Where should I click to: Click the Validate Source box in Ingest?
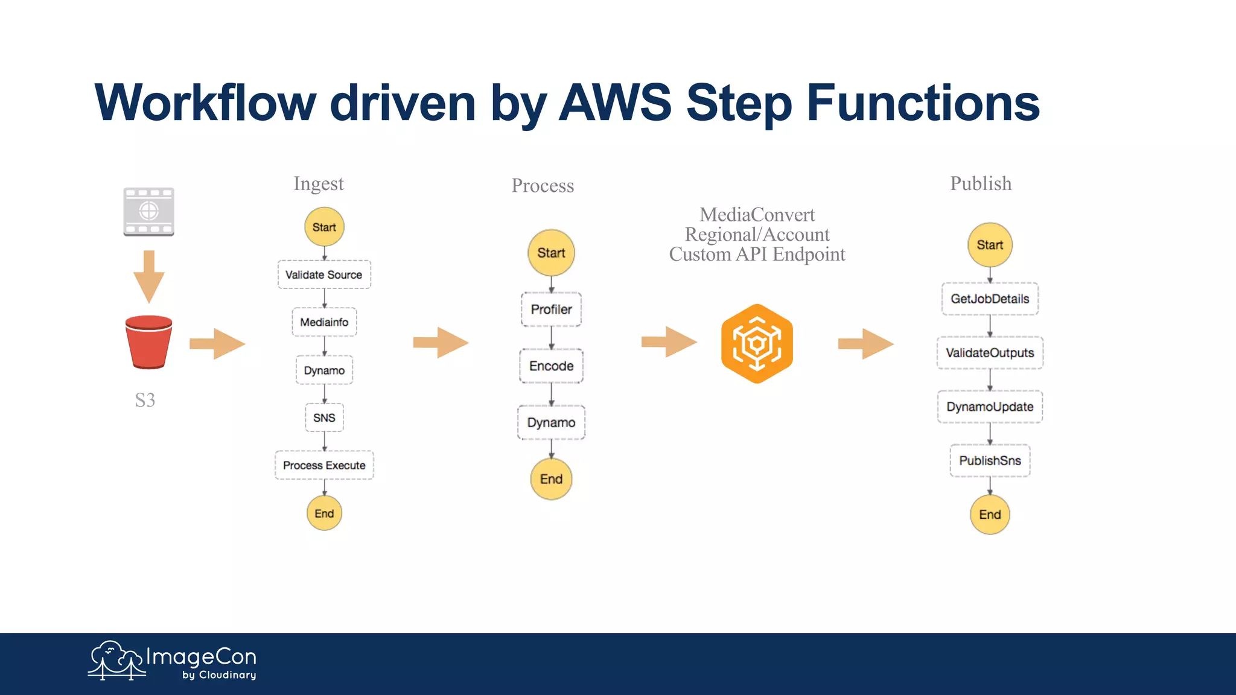pyautogui.click(x=324, y=275)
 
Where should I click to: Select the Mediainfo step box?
pyautogui.click(x=324, y=322)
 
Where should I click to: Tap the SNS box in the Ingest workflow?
pyautogui.click(x=324, y=417)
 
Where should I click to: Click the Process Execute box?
pyautogui.click(x=324, y=465)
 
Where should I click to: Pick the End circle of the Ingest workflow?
pyautogui.click(x=324, y=513)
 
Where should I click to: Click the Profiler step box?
pyautogui.click(x=551, y=309)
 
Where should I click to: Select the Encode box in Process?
pyautogui.click(x=551, y=366)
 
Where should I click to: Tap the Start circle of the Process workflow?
pyautogui.click(x=551, y=253)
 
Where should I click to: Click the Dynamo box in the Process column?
pyautogui.click(x=551, y=422)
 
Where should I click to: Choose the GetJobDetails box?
pyautogui.click(x=990, y=299)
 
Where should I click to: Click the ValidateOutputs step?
pyautogui.click(x=990, y=353)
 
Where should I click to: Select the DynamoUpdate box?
pyautogui.click(x=990, y=407)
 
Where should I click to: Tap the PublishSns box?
pyautogui.click(x=990, y=460)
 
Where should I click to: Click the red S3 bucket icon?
pyautogui.click(x=148, y=342)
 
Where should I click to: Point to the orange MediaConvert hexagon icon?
pyautogui.click(x=757, y=344)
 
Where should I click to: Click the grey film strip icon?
pyautogui.click(x=148, y=211)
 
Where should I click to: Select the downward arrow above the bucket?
pyautogui.click(x=148, y=276)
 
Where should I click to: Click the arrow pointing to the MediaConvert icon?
pyautogui.click(x=669, y=342)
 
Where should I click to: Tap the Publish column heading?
pyautogui.click(x=981, y=183)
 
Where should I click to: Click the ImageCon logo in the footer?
pyautogui.click(x=173, y=661)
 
